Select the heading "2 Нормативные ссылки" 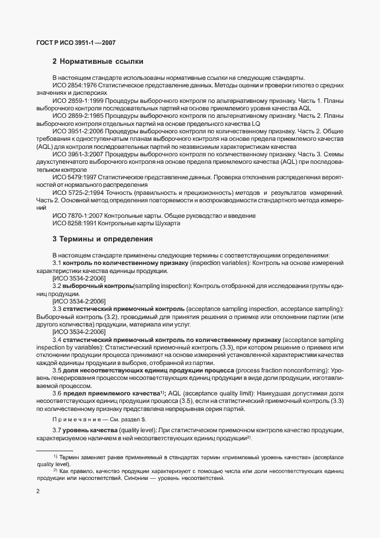pyautogui.click(x=98, y=62)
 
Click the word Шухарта pyautogui.click(x=166, y=224)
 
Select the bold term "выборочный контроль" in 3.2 pyautogui.click(x=98, y=286)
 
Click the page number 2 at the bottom pyautogui.click(x=38, y=491)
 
